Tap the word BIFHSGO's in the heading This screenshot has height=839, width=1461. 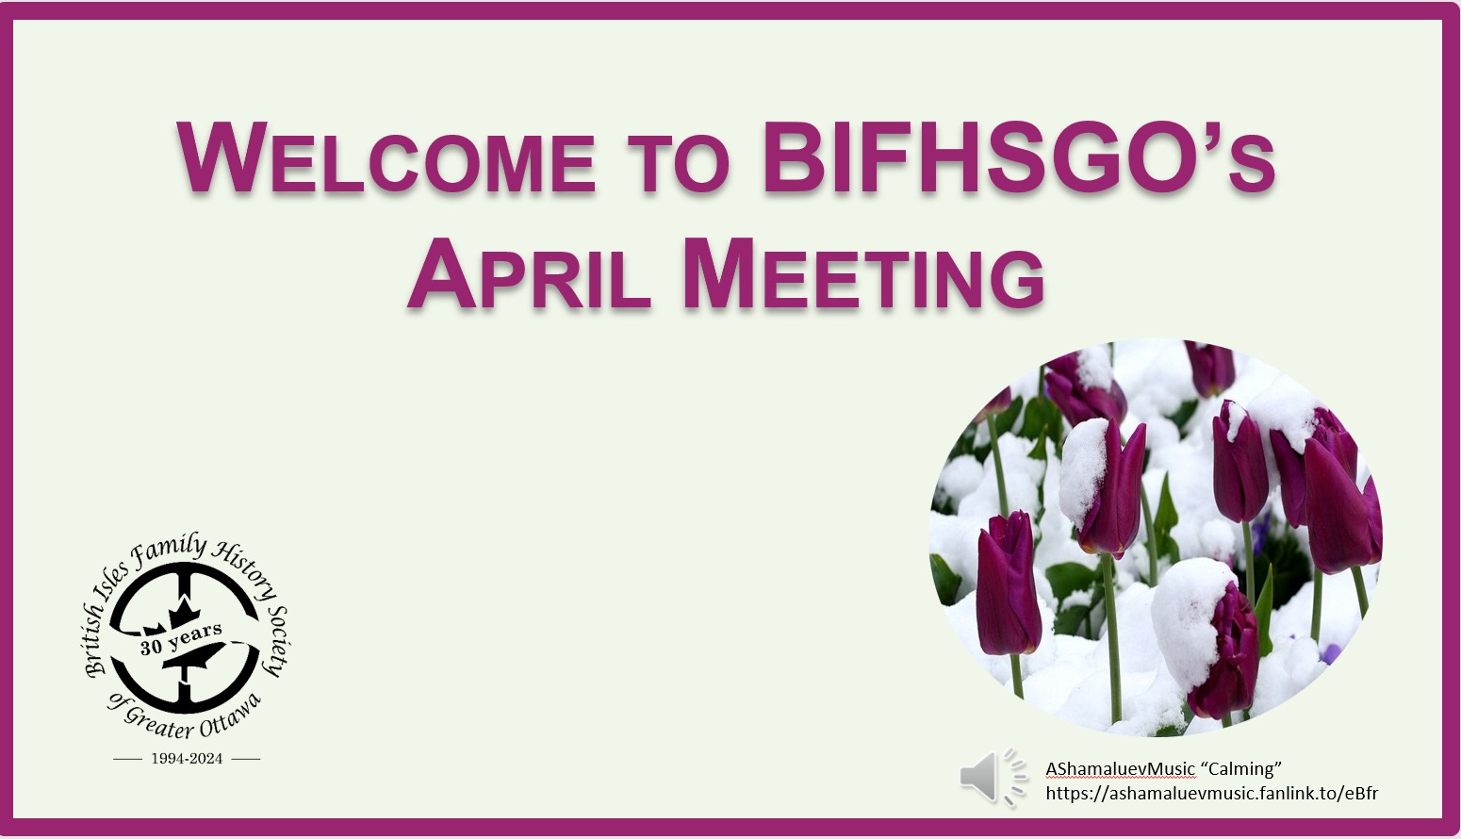click(x=1019, y=157)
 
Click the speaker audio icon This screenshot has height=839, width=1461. click(x=993, y=777)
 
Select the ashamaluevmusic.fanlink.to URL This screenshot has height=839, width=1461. click(x=1212, y=794)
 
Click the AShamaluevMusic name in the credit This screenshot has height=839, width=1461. click(x=1120, y=769)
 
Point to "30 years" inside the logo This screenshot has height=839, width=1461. click(x=181, y=638)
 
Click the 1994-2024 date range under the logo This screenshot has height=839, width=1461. click(x=187, y=759)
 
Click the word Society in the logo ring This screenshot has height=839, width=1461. click(x=276, y=641)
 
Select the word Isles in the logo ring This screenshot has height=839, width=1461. click(x=112, y=583)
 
